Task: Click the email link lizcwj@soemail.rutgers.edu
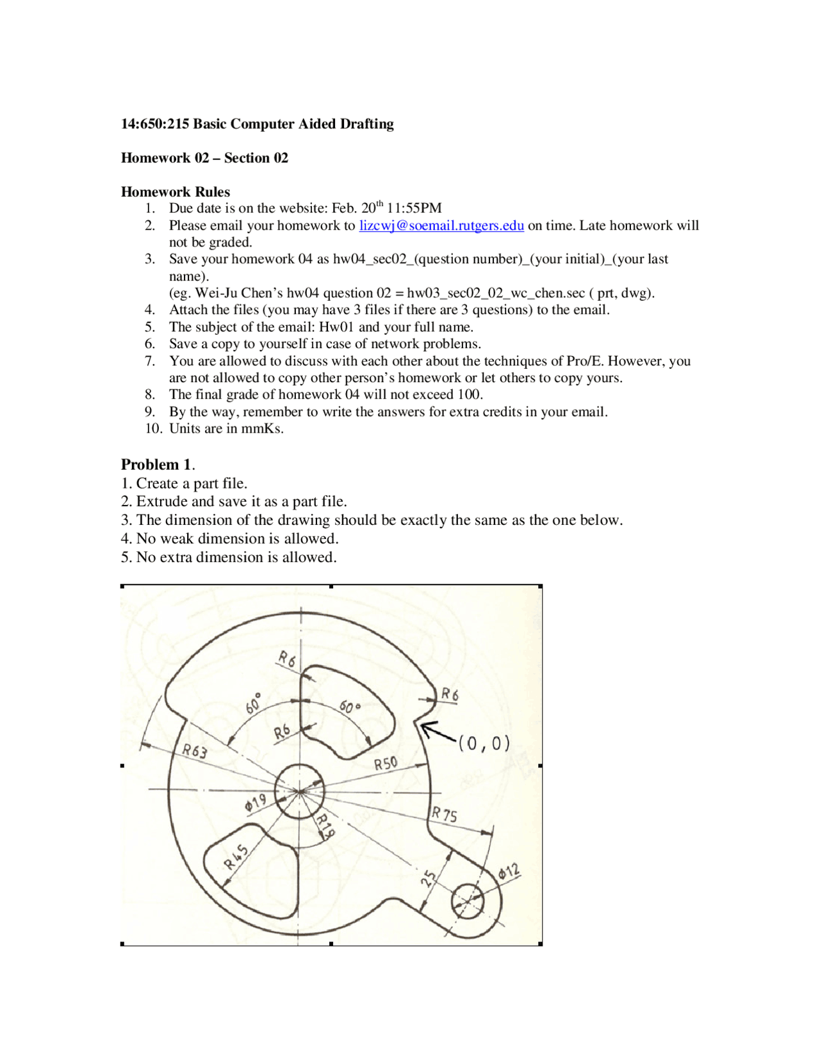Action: tap(441, 225)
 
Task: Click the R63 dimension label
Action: tap(195, 751)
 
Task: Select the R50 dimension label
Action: tap(386, 763)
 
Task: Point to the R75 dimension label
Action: tap(444, 814)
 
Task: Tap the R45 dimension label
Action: tap(236, 857)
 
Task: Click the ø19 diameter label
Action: tap(255, 803)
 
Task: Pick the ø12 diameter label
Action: tap(509, 872)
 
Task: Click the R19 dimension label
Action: tap(325, 826)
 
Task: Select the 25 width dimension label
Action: tap(429, 878)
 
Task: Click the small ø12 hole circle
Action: tap(468, 901)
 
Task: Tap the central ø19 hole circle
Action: tap(299, 791)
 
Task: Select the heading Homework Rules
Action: tap(176, 191)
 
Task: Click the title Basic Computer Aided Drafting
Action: tap(293, 124)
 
